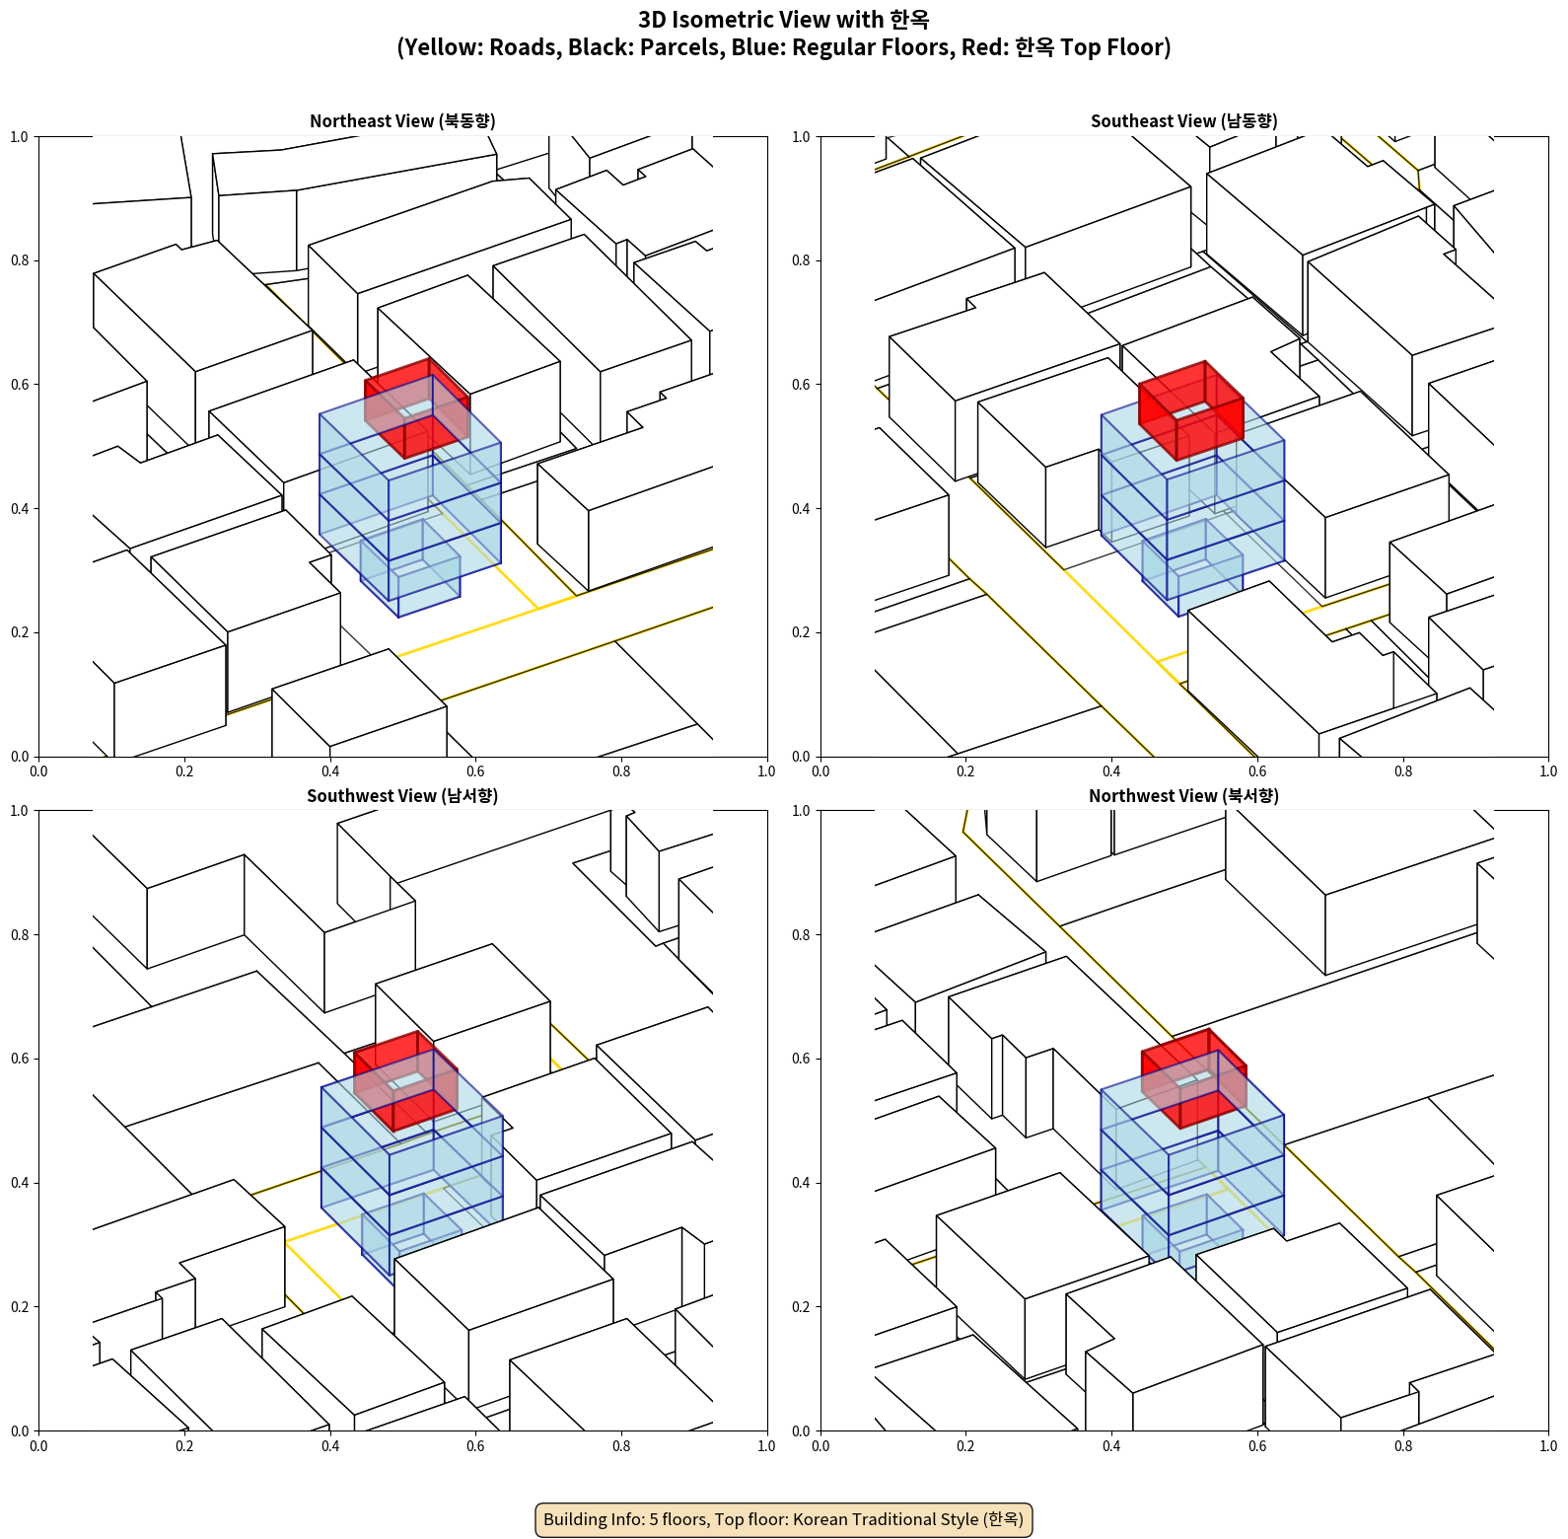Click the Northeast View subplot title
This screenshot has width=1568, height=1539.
pos(402,120)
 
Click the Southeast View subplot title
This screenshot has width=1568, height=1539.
pos(1183,120)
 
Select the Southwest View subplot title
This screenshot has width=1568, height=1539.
pos(402,795)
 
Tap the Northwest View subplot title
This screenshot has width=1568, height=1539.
pos(1183,795)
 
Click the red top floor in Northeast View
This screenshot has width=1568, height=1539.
pos(417,407)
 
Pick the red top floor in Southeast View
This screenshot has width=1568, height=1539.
pos(1190,409)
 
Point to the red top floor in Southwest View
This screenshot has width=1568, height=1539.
pos(405,1080)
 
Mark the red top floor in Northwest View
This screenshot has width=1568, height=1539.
pos(1194,1078)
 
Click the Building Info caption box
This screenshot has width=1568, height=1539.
pos(784,1519)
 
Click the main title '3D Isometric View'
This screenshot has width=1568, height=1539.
pos(784,20)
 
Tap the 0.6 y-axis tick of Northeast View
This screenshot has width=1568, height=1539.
pos(20,385)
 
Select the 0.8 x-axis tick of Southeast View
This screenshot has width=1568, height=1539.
pos(1403,771)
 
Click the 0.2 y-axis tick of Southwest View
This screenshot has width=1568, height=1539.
pos(20,1307)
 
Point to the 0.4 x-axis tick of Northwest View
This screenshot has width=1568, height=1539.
pos(1111,1446)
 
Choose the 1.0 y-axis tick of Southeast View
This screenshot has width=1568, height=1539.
pos(801,137)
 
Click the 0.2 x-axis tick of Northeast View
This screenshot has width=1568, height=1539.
pos(184,771)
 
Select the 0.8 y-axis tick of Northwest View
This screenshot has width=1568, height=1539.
pos(801,935)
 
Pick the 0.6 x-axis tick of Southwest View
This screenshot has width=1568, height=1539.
pos(475,1446)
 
